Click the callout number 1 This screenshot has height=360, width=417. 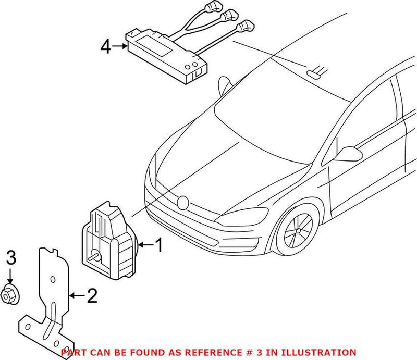coord(158,245)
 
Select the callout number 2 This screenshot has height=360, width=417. coord(92,296)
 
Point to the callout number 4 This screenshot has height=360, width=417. coord(105,47)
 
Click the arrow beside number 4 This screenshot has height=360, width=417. coord(120,47)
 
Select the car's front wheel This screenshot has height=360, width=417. coord(296,229)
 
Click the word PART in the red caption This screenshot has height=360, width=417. coord(73,352)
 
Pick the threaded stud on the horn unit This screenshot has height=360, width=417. coord(95,256)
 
